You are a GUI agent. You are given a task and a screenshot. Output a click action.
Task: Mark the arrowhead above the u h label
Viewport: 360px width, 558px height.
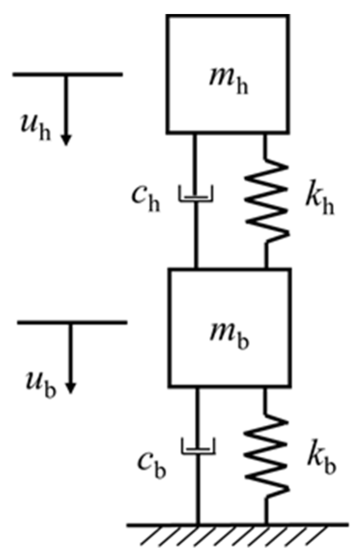(x=66, y=139)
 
